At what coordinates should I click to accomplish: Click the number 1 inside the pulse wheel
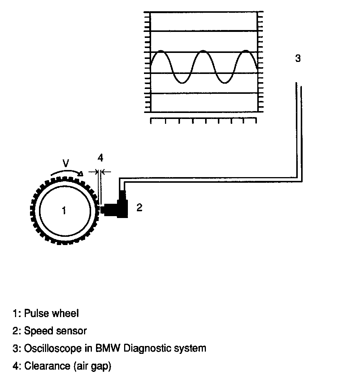pyautogui.click(x=64, y=210)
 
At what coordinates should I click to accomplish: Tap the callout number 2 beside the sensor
pyautogui.click(x=139, y=207)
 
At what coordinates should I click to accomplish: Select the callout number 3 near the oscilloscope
pyautogui.click(x=298, y=59)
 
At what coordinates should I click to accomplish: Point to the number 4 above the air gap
pyautogui.click(x=100, y=158)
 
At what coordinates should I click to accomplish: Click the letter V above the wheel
pyautogui.click(x=66, y=164)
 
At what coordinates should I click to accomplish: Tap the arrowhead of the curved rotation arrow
pyautogui.click(x=80, y=173)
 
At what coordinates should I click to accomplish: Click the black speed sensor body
pyautogui.click(x=117, y=207)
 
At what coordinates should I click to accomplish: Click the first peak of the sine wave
pyautogui.click(x=161, y=51)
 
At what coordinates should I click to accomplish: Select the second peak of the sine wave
pyautogui.click(x=204, y=51)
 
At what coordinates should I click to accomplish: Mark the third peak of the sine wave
pyautogui.click(x=246, y=51)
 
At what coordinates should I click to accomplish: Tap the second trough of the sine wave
pyautogui.click(x=225, y=83)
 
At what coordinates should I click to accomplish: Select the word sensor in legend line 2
pyautogui.click(x=72, y=331)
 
